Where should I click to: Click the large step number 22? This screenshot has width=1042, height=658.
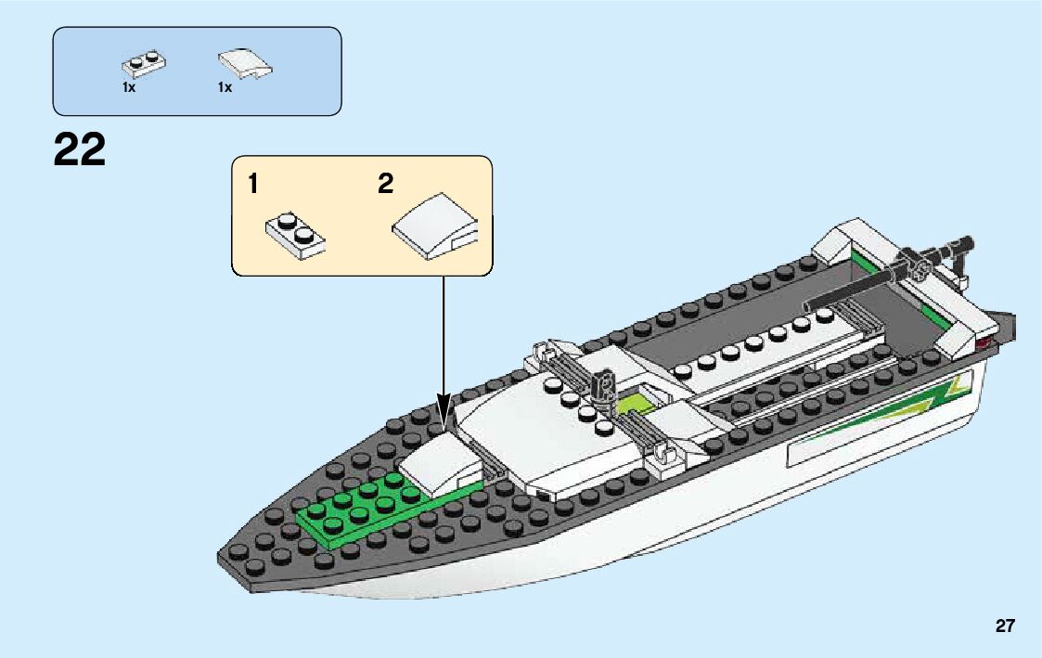[80, 149]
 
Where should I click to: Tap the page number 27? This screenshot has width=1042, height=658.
[1005, 626]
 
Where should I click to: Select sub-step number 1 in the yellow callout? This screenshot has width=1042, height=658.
[253, 184]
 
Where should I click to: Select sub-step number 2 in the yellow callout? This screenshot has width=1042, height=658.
[385, 184]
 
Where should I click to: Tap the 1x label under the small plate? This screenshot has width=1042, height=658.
[128, 87]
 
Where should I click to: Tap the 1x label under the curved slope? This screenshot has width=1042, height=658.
[225, 87]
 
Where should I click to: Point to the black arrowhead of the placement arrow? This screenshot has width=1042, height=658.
[444, 413]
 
